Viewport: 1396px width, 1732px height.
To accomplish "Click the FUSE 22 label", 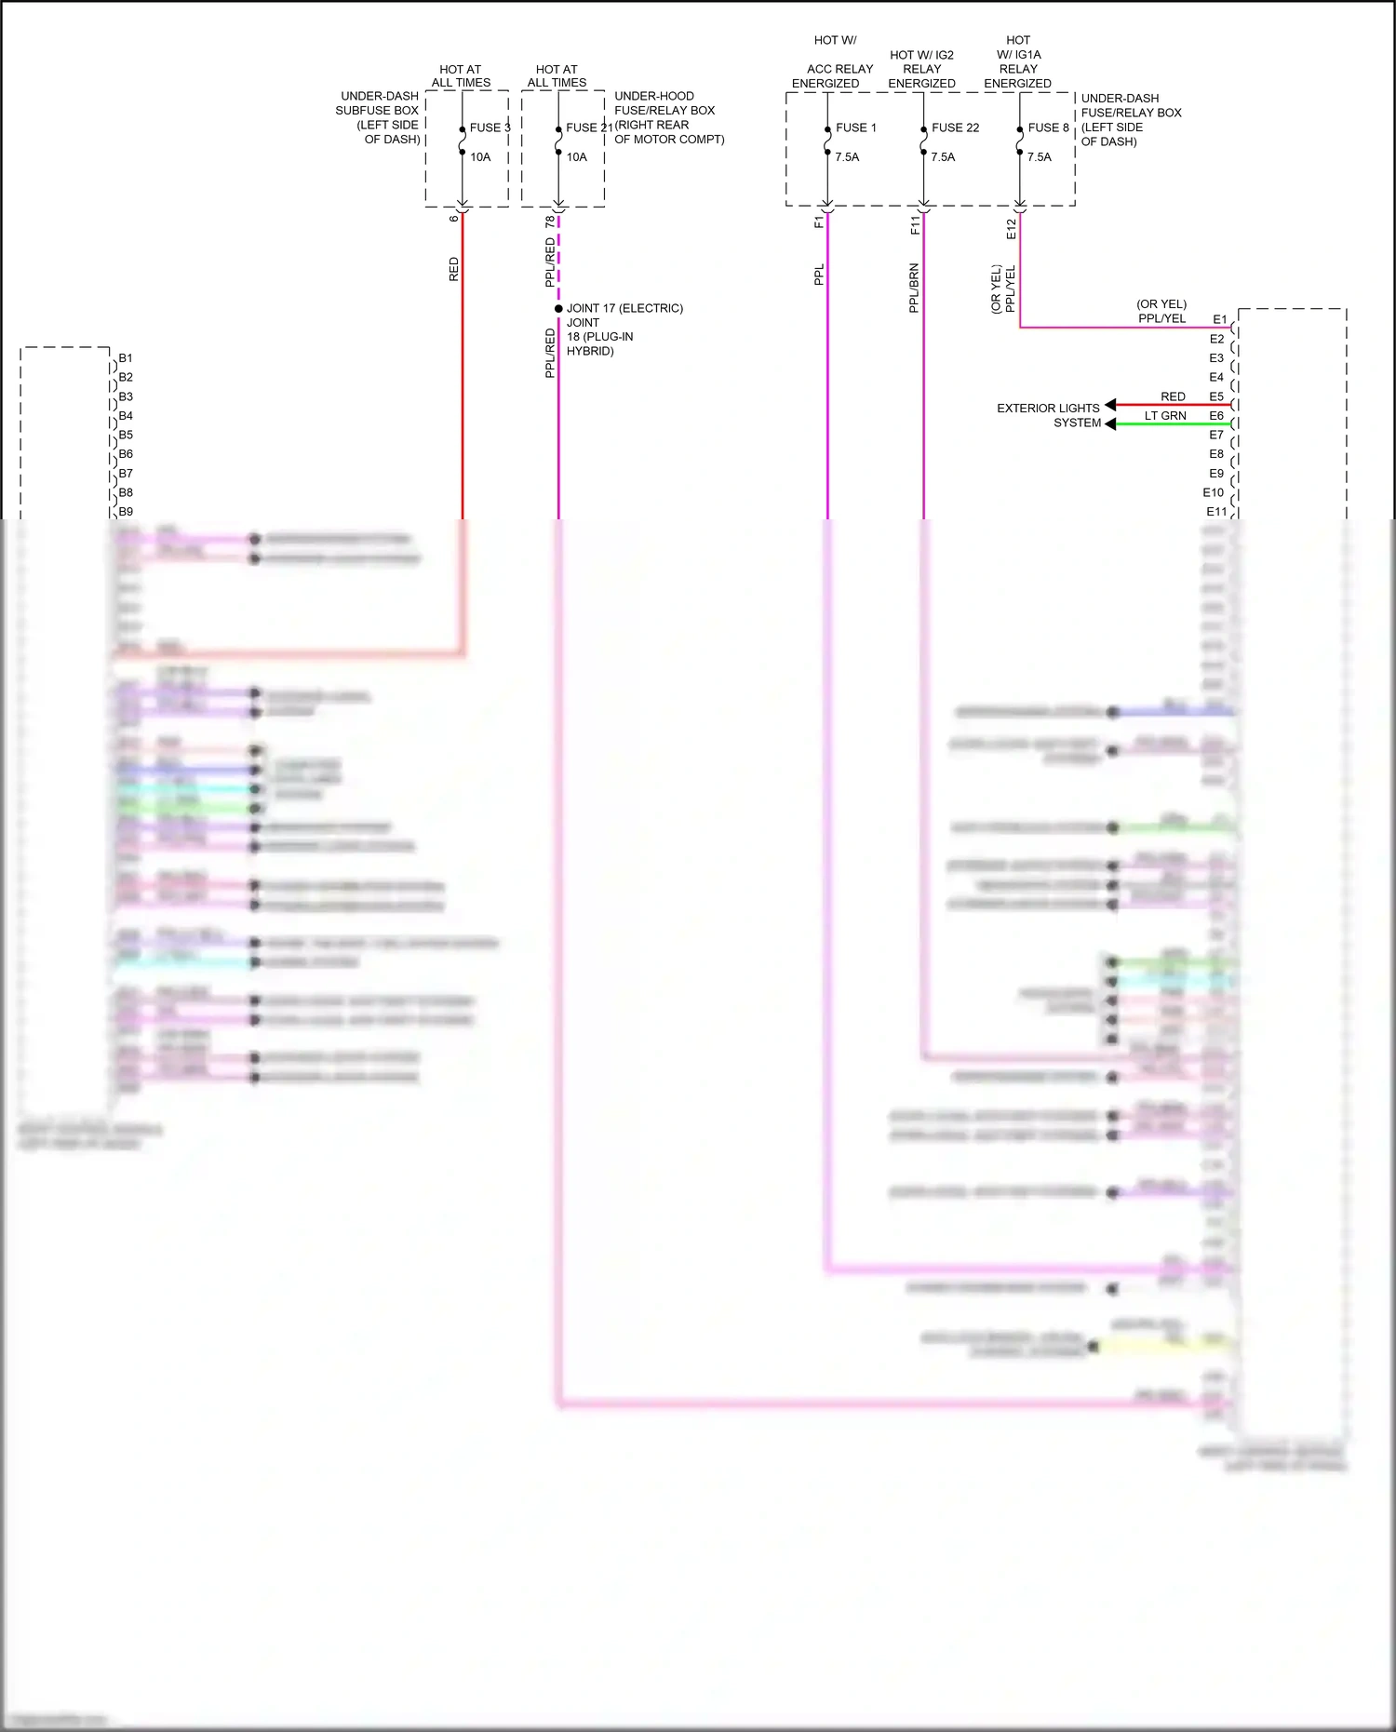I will (955, 128).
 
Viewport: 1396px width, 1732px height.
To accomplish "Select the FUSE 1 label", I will (856, 128).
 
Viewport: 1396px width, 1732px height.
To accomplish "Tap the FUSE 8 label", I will (1048, 128).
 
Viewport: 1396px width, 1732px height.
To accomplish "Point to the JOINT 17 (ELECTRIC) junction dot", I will (558, 308).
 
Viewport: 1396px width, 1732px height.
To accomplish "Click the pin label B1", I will (126, 358).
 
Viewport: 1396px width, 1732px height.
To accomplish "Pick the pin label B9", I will (126, 512).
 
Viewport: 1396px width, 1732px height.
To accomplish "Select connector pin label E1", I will (1219, 319).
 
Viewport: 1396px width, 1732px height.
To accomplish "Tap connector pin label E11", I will (1216, 512).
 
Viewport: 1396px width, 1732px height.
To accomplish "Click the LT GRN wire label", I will (1165, 416).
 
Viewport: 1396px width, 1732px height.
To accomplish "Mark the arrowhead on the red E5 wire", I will (1110, 405).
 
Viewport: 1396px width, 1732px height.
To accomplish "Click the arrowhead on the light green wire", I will (1110, 423).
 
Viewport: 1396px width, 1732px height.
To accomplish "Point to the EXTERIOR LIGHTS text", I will (1048, 409).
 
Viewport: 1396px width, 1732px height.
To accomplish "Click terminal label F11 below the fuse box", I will (915, 224).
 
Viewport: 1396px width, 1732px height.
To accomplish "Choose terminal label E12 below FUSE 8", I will (1012, 229).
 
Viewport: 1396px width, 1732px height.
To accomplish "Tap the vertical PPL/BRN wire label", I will (914, 288).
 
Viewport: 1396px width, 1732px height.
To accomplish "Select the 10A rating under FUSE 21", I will (577, 157).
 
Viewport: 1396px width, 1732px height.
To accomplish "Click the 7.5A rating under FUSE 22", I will (943, 157).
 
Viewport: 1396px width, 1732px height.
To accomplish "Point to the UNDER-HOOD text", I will (654, 96).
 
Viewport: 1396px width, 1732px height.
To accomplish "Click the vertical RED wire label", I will (454, 270).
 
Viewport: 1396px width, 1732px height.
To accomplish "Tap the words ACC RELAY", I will (839, 69).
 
